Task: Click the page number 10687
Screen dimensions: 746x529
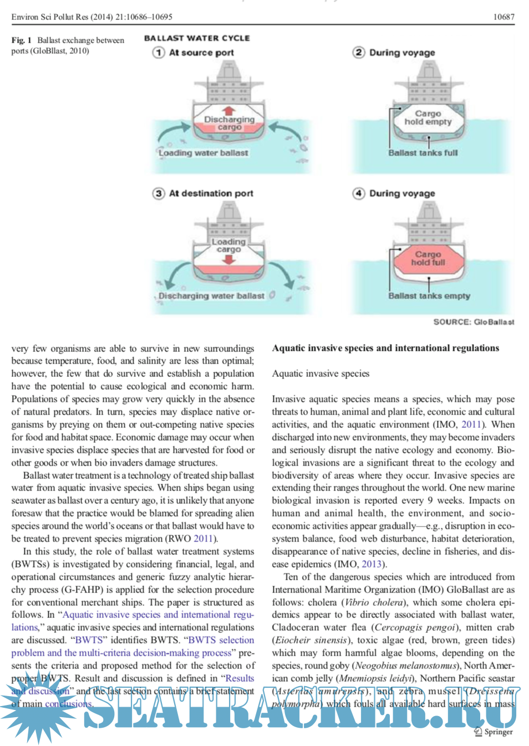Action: pyautogui.click(x=503, y=17)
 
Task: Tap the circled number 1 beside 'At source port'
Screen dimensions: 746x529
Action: pyautogui.click(x=159, y=53)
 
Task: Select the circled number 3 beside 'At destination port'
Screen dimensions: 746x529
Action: pyautogui.click(x=159, y=193)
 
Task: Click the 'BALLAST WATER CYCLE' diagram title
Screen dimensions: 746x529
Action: pyautogui.click(x=197, y=38)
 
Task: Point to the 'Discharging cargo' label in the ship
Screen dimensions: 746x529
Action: pyautogui.click(x=229, y=123)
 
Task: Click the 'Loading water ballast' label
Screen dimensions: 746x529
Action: pyautogui.click(x=203, y=153)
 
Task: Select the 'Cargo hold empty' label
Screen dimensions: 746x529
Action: pyautogui.click(x=428, y=117)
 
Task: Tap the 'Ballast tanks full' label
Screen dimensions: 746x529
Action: pyautogui.click(x=423, y=153)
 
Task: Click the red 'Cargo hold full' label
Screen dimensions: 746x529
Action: pyautogui.click(x=428, y=258)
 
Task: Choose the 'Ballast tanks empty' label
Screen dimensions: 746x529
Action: pyautogui.click(x=429, y=296)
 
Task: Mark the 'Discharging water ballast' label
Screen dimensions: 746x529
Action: pyautogui.click(x=211, y=296)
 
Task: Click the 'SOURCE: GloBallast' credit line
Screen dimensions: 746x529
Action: pyautogui.click(x=474, y=322)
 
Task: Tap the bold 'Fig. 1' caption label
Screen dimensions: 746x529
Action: pyautogui.click(x=22, y=40)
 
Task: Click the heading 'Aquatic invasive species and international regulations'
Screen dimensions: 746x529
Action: pyautogui.click(x=385, y=348)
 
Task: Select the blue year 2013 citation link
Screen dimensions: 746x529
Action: pyautogui.click(x=372, y=564)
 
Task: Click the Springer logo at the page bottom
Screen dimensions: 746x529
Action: pyautogui.click(x=494, y=732)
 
